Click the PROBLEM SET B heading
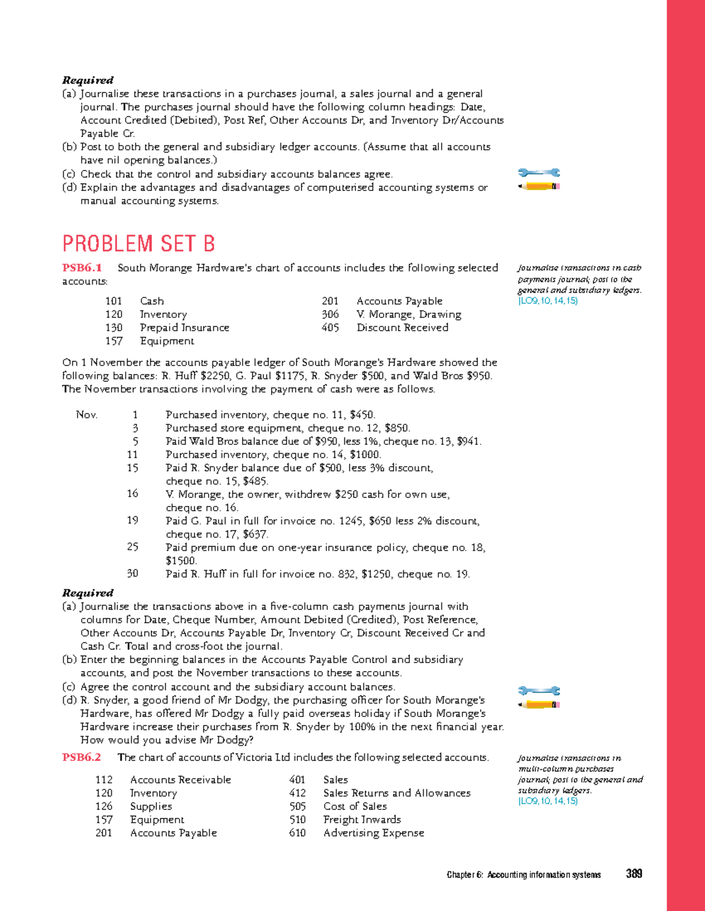click(139, 243)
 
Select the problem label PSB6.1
click(82, 268)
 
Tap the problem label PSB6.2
click(82, 757)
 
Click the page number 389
click(634, 874)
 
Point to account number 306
click(330, 314)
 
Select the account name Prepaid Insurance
click(184, 327)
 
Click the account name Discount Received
click(402, 327)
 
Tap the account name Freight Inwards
click(362, 819)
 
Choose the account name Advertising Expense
click(374, 833)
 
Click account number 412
click(297, 793)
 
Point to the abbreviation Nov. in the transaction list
click(86, 415)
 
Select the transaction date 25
click(133, 547)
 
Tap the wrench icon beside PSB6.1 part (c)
click(539, 691)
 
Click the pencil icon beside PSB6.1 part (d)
click(539, 704)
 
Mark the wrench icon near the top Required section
click(539, 173)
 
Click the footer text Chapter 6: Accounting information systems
click(523, 875)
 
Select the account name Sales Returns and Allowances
click(397, 793)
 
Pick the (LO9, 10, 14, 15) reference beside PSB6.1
click(548, 301)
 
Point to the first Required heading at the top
click(88, 81)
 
